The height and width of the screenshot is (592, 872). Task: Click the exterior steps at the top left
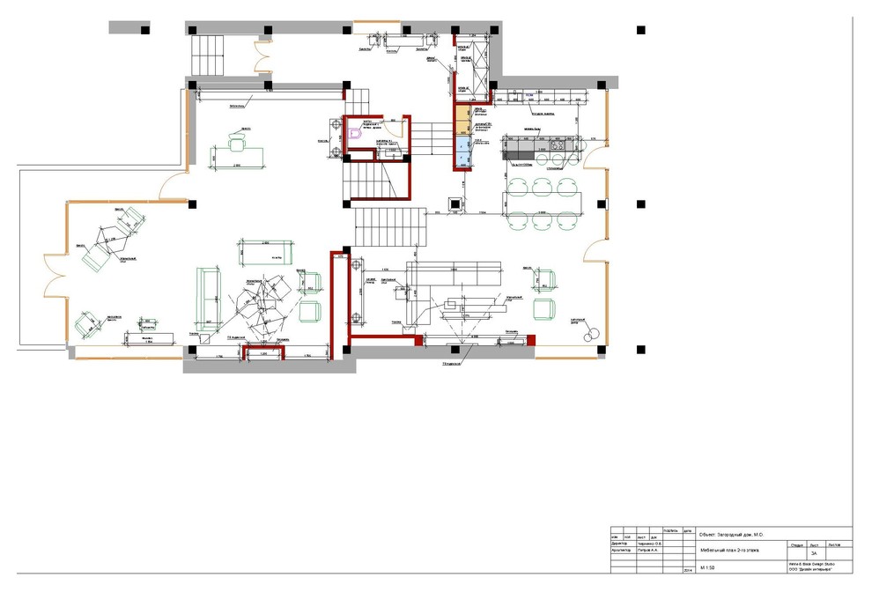[x=210, y=55]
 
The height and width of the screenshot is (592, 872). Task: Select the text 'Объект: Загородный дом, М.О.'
[x=730, y=534]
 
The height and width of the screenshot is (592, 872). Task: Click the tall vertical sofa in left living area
[x=208, y=300]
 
